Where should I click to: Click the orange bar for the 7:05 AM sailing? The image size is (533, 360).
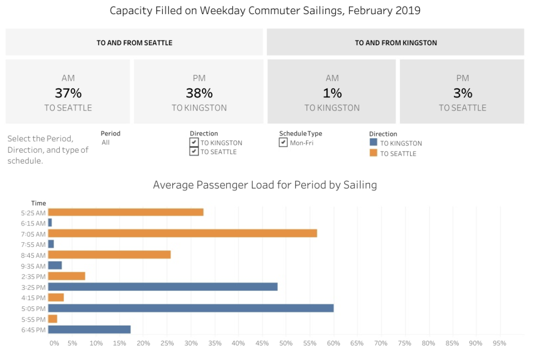pos(182,233)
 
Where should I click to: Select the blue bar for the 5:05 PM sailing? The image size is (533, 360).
pos(191,308)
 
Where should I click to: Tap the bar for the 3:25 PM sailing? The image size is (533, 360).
pos(162,287)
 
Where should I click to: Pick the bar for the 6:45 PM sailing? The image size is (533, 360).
pos(89,329)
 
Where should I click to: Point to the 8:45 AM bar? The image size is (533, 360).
pos(109,255)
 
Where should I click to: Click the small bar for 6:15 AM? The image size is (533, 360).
pos(50,222)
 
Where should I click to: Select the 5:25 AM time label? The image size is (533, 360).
pos(33,213)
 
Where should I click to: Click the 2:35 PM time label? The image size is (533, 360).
pos(33,276)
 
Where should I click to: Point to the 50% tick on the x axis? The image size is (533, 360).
pos(286,343)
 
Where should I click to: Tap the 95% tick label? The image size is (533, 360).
pos(499,343)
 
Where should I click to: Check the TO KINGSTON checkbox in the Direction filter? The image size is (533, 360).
pos(194,143)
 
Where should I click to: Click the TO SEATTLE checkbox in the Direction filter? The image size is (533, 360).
pos(194,152)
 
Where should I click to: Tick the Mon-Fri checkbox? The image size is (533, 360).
pos(283,142)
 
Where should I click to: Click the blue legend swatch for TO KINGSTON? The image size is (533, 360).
pos(373,143)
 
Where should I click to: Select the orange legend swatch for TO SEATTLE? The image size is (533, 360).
pos(373,153)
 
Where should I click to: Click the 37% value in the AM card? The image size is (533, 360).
pos(68,93)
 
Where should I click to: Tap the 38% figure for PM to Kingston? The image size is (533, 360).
pos(199,93)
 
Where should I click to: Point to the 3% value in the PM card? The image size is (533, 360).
pos(462,93)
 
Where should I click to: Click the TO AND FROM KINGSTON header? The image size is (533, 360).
pos(396,43)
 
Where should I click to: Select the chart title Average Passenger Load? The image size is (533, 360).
pos(264,185)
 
